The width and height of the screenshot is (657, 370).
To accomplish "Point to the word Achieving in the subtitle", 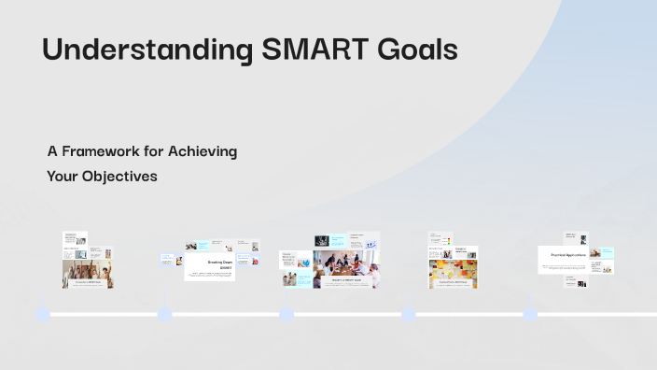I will (x=203, y=151).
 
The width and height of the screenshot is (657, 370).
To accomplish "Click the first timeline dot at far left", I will (x=43, y=314).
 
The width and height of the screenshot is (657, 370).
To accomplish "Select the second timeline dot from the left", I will (x=165, y=314).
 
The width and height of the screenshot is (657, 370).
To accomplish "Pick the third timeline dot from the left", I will (x=287, y=314).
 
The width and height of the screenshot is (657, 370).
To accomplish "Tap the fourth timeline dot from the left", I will (x=409, y=314).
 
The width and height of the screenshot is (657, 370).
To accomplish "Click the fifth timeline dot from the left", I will (x=530, y=314).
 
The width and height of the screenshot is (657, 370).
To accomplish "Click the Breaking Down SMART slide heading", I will (x=209, y=265).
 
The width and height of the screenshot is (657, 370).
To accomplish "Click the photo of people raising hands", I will (x=87, y=272).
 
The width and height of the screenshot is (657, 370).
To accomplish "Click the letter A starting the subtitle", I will (x=51, y=151).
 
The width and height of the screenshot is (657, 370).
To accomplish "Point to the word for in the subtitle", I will (x=156, y=151).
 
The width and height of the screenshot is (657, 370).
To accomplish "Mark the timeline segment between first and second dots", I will (x=104, y=315).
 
